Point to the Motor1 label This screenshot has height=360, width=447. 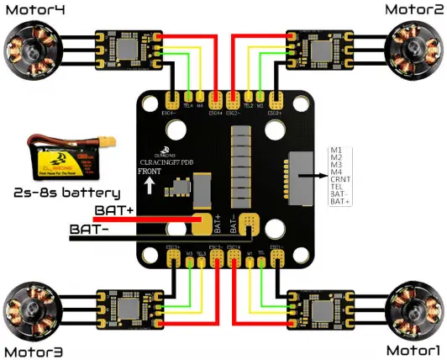[413, 349]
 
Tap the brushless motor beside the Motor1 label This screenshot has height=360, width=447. [413, 310]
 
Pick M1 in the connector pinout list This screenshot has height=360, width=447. [336, 148]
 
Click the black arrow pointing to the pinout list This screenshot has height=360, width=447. [312, 176]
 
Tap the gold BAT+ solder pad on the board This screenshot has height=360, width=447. [202, 223]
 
